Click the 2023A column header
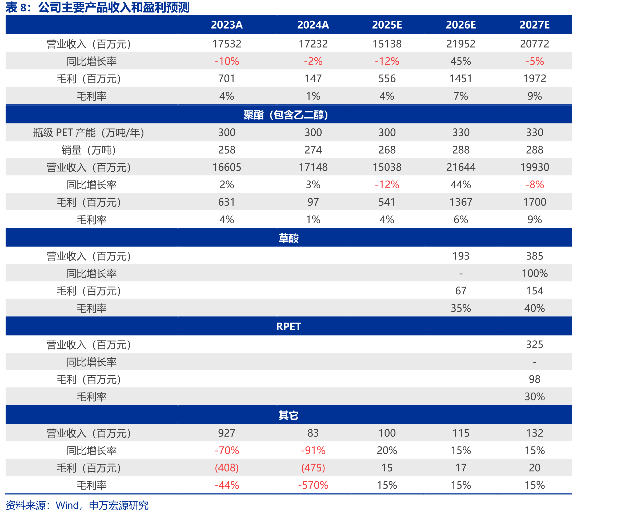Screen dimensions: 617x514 (227, 25)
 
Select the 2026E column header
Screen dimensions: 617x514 (461, 25)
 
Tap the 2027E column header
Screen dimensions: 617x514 (534, 25)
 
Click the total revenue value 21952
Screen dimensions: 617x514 (461, 44)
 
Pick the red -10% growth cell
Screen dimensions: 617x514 (227, 61)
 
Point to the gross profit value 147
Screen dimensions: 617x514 (313, 79)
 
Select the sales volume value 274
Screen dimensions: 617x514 (313, 150)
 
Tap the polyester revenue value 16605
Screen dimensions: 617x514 (227, 167)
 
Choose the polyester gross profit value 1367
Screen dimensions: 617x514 (461, 202)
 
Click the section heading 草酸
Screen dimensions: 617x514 (288, 238)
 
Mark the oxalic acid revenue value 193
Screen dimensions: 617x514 (461, 256)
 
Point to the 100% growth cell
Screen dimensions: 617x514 (534, 273)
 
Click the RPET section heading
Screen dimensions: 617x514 (289, 327)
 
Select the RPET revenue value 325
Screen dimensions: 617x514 (534, 344)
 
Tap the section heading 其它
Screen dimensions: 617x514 (288, 415)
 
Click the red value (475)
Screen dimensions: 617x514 (313, 468)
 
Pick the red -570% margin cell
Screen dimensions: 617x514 (313, 485)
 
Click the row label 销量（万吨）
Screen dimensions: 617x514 (89, 150)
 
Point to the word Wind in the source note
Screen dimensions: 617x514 (67, 505)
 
